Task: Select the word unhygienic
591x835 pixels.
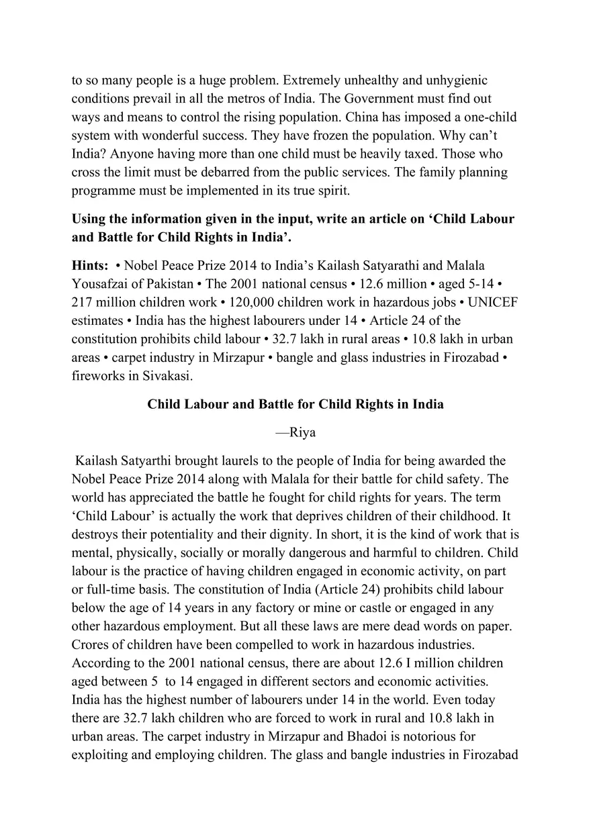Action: coord(454,80)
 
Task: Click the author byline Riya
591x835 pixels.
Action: coord(295,432)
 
